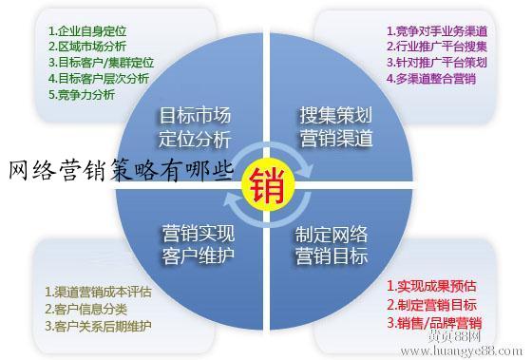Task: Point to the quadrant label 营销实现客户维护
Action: (196, 244)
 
